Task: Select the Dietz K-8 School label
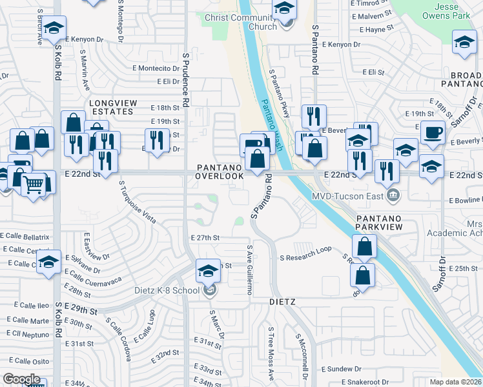(x=167, y=290)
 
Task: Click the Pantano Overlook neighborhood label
(x=220, y=171)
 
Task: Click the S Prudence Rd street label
(x=185, y=81)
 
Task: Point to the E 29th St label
(x=80, y=311)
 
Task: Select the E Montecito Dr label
(x=158, y=68)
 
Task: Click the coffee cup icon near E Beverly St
(x=433, y=132)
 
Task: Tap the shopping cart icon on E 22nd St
(x=35, y=184)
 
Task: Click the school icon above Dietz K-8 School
(x=208, y=271)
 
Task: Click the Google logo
(x=21, y=379)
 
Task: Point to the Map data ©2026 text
(x=456, y=382)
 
